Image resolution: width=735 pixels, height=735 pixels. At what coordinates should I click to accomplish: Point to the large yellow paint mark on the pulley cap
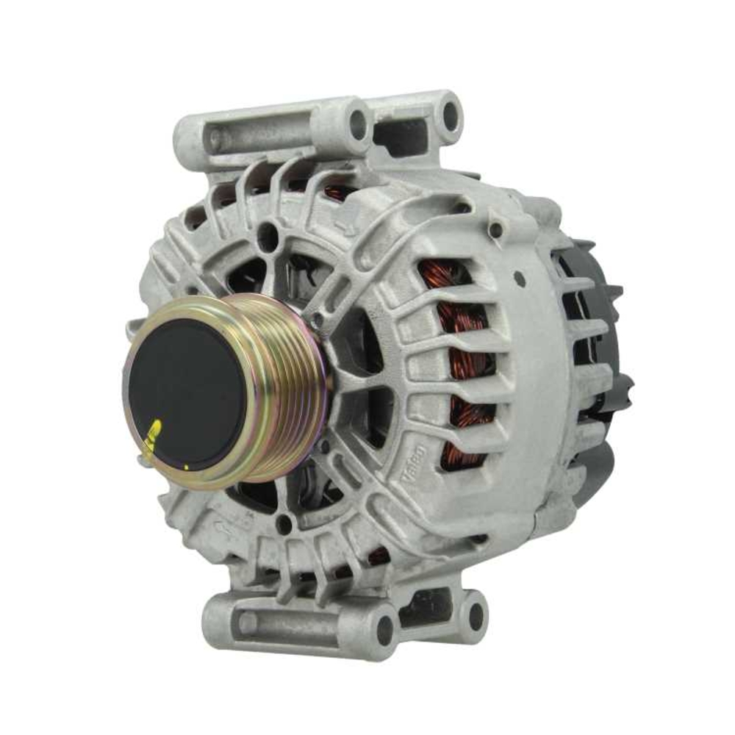click(154, 433)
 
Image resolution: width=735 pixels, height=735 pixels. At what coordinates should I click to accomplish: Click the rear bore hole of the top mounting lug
click(448, 114)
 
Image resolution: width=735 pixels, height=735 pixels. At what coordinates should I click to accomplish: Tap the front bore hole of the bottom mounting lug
click(384, 629)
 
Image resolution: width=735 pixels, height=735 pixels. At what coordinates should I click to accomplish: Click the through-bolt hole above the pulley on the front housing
click(268, 237)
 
